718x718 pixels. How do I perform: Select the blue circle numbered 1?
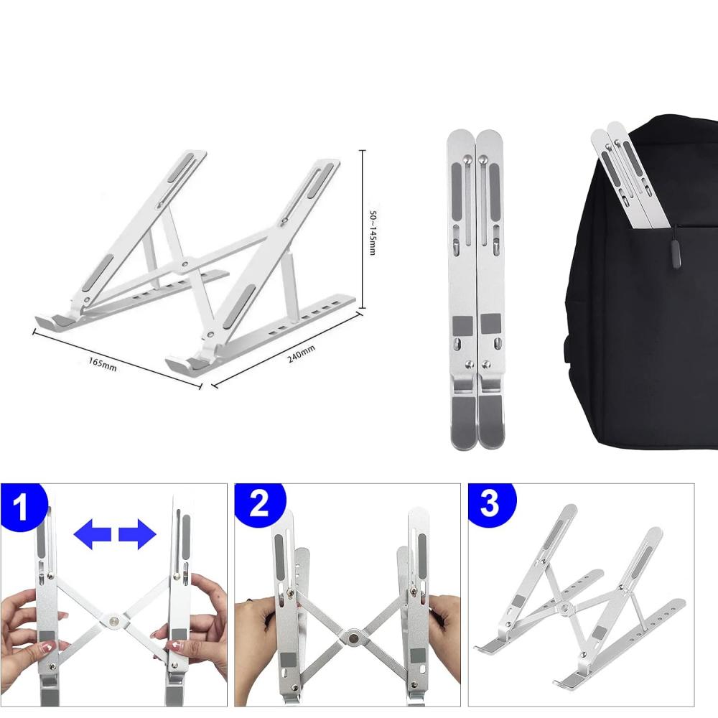(x=22, y=507)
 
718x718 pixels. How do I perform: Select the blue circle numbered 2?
(x=259, y=505)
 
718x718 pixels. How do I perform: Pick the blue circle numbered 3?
(x=490, y=504)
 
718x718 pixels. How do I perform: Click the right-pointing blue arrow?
(x=137, y=535)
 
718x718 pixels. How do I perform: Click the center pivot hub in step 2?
(x=353, y=635)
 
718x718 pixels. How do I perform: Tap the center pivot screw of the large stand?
(x=187, y=264)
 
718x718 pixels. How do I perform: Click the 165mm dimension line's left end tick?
(x=34, y=332)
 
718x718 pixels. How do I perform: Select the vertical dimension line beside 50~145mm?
(x=363, y=230)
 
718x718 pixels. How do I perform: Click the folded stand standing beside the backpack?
(x=475, y=287)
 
